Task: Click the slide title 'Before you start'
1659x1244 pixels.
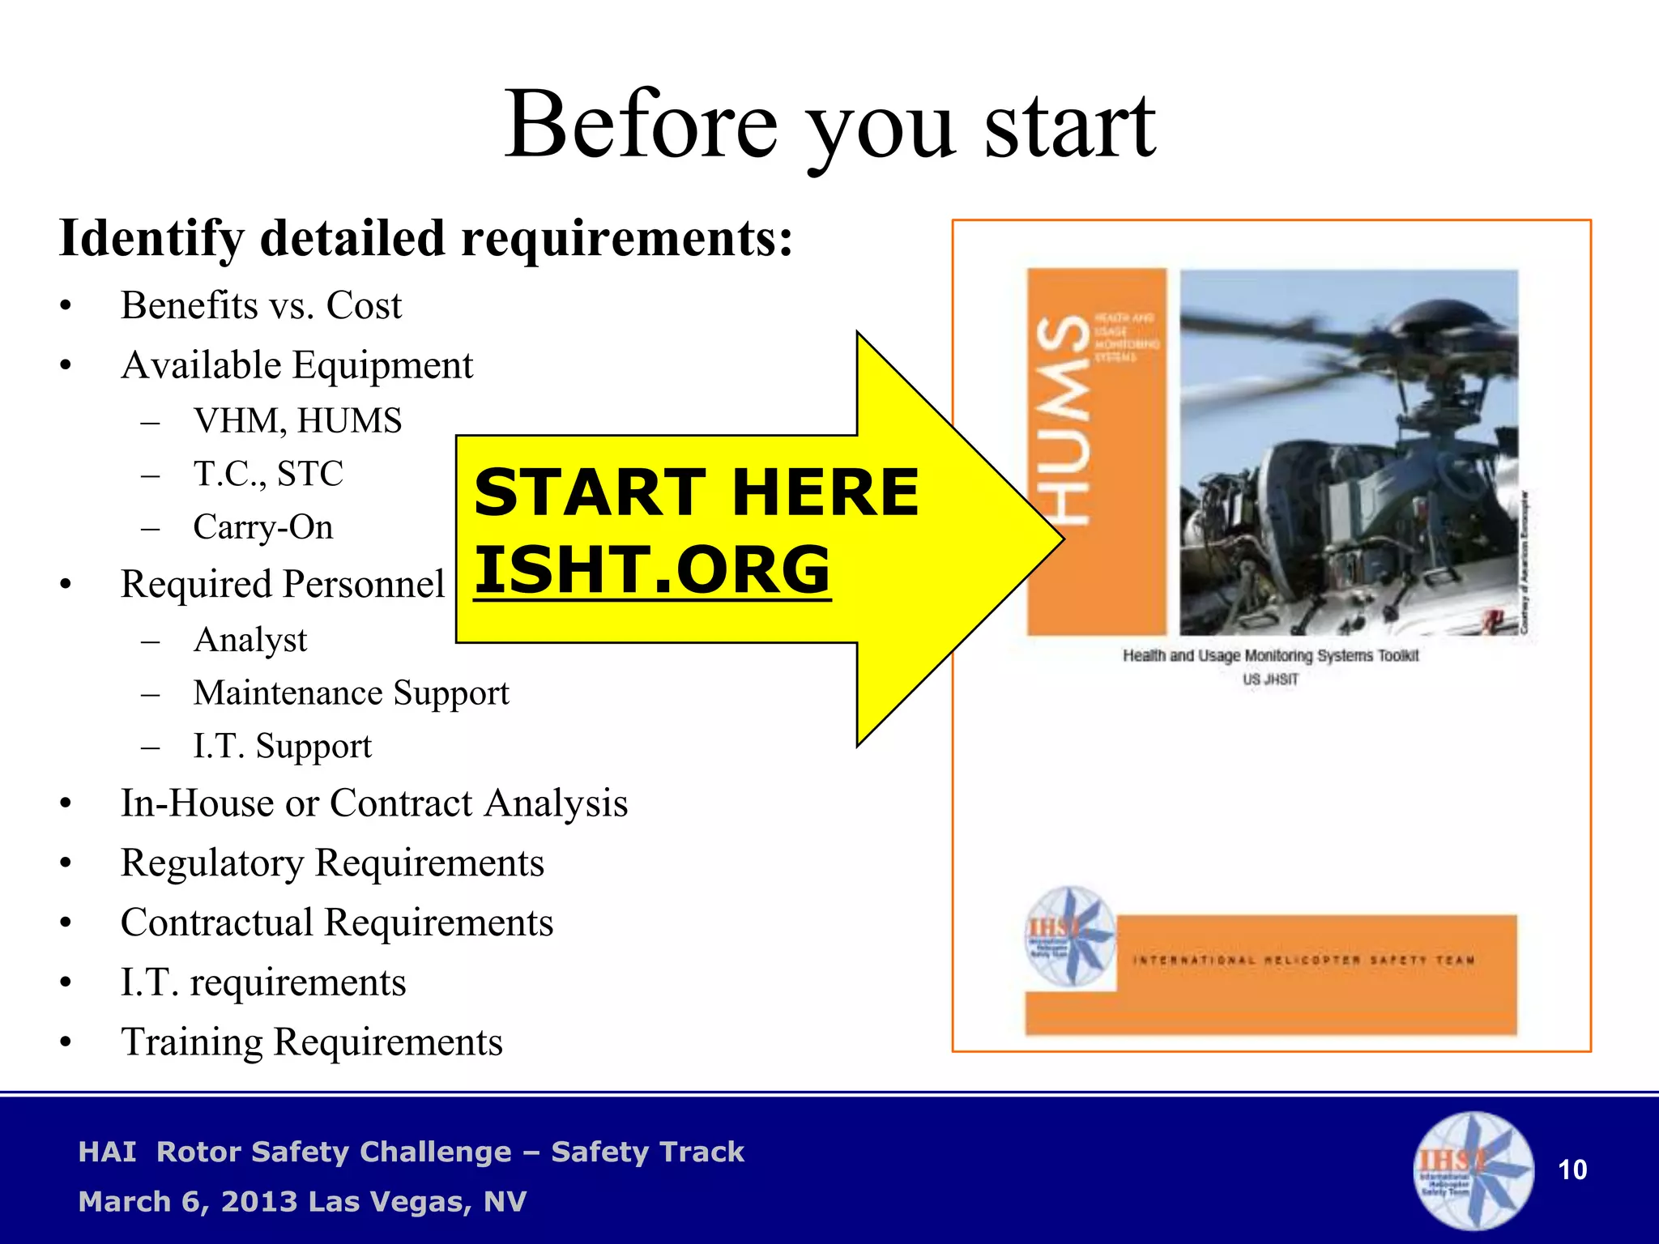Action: tap(829, 126)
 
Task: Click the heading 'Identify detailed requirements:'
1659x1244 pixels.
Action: tap(426, 239)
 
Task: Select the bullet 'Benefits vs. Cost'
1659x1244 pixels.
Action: tap(261, 306)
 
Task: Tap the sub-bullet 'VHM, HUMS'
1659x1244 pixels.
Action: tap(297, 421)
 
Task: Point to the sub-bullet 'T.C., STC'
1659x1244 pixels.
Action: tap(268, 474)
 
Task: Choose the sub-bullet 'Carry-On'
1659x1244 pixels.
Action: tap(262, 527)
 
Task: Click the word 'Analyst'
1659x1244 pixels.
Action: tap(250, 640)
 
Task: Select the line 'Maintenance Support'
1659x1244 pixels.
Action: tap(351, 693)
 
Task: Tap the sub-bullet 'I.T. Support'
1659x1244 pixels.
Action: tap(282, 746)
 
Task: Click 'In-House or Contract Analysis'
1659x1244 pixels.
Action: tap(373, 803)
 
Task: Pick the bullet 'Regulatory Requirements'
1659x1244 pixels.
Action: tap(332, 863)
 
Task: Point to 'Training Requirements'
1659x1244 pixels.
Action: tap(311, 1042)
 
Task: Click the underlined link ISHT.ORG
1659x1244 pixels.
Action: tap(652, 569)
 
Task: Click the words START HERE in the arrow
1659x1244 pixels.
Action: tap(696, 492)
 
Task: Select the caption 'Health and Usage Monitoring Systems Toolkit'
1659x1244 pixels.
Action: tap(1269, 656)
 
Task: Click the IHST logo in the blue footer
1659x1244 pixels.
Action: tap(1472, 1169)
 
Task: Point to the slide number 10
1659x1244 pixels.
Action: tap(1572, 1170)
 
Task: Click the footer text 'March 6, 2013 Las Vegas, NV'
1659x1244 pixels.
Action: tap(302, 1202)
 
